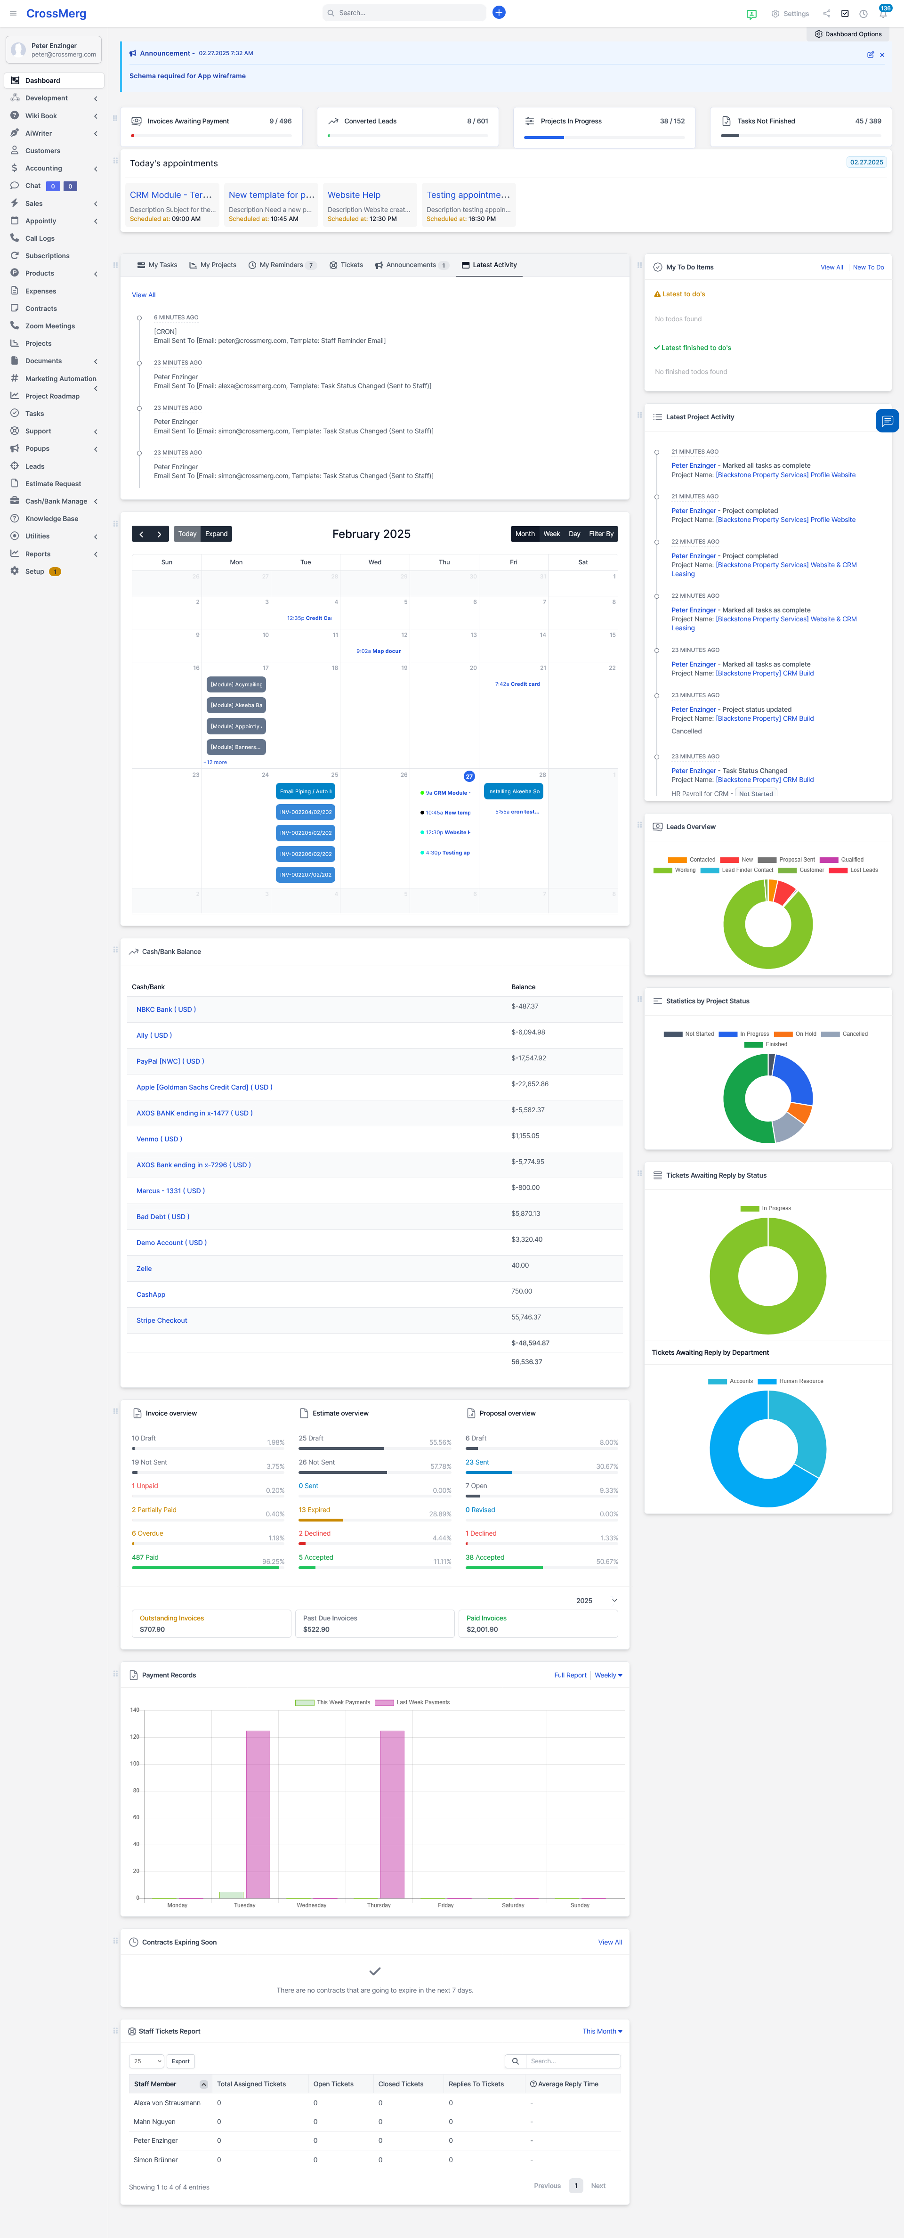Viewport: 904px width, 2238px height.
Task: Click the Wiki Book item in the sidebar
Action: (41, 115)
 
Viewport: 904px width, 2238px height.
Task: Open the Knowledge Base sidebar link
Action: (51, 519)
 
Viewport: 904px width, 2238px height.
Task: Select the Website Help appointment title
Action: (354, 195)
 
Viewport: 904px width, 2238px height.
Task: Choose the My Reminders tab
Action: (282, 265)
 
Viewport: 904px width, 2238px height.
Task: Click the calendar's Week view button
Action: (551, 534)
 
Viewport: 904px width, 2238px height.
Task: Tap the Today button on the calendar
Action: (187, 534)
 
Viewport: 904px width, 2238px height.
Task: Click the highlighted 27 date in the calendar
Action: (469, 776)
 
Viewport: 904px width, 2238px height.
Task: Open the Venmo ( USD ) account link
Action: (159, 1139)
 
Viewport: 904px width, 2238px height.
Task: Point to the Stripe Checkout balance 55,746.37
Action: (526, 1317)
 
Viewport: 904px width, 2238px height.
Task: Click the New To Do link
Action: (868, 268)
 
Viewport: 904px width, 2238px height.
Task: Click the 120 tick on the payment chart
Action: (135, 1737)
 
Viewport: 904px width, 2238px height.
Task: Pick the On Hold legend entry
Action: (804, 1034)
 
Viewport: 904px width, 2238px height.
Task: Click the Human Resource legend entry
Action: (800, 1381)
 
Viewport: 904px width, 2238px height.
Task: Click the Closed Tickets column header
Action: (400, 2084)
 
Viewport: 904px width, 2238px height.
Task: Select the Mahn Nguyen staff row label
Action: (154, 2122)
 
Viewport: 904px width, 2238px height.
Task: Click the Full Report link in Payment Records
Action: (570, 1675)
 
